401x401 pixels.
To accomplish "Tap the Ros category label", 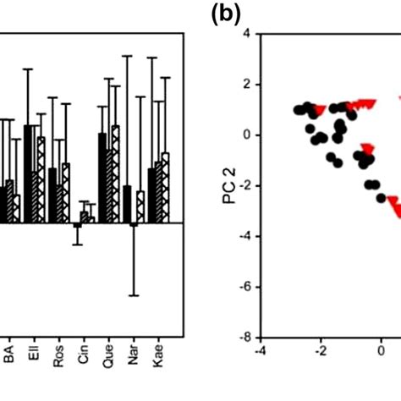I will [x=58, y=360].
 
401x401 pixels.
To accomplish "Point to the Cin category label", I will [x=83, y=359].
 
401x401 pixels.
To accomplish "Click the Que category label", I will [x=107, y=360].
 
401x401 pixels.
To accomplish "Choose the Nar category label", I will [x=132, y=360].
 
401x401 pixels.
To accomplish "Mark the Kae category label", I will [x=157, y=360].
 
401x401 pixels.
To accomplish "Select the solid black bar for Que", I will [x=102, y=178].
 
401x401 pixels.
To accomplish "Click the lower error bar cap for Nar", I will [x=133, y=295].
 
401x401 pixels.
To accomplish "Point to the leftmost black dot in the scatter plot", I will [x=299, y=110].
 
